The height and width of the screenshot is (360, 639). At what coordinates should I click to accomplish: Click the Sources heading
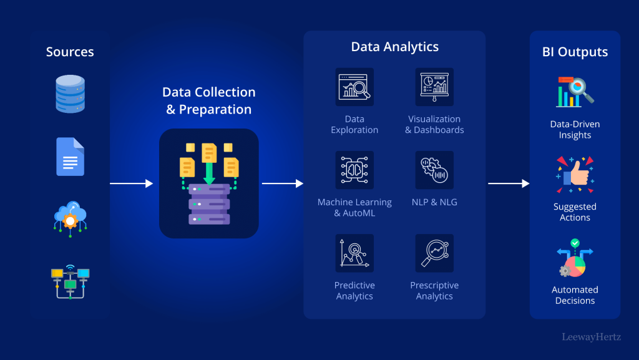[70, 52]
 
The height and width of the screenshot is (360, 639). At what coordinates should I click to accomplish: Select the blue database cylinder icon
[70, 94]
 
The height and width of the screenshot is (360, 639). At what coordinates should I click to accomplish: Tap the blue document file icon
[70, 156]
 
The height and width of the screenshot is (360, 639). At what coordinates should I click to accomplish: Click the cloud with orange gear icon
[70, 217]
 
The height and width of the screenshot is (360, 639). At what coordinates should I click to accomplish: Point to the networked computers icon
[70, 281]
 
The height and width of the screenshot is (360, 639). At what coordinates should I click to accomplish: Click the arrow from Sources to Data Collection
[131, 183]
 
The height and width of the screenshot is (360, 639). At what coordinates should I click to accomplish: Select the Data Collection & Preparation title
[209, 100]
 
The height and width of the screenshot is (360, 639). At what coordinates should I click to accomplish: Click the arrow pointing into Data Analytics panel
[282, 183]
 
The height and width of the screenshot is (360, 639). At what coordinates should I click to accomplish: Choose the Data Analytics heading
[394, 47]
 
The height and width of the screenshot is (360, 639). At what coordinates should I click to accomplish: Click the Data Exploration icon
[354, 87]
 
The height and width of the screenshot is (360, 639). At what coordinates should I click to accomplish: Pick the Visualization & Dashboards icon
[434, 87]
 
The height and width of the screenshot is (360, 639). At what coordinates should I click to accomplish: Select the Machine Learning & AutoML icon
[354, 170]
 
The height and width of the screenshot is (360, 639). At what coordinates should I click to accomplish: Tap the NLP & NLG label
[434, 202]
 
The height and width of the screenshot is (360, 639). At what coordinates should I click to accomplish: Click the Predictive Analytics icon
[354, 253]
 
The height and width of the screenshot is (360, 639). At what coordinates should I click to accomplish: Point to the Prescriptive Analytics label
[434, 291]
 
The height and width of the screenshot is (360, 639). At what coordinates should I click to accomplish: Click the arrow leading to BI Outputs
[508, 183]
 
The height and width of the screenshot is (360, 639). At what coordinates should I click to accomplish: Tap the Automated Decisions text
[575, 295]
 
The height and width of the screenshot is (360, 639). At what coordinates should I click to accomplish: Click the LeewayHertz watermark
[592, 337]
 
